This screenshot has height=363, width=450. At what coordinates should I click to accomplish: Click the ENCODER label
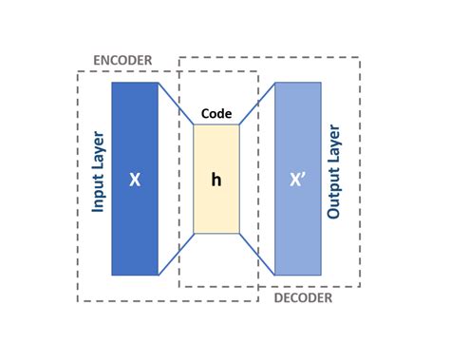[x=123, y=60]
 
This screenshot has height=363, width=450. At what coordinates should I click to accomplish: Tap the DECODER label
[x=303, y=298]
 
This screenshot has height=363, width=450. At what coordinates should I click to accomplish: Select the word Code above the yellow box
[x=216, y=114]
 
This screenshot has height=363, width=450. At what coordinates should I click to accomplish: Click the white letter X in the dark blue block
[x=135, y=179]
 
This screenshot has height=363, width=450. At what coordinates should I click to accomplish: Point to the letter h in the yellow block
[x=216, y=180]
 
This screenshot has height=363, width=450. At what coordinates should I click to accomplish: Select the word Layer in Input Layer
[x=98, y=147]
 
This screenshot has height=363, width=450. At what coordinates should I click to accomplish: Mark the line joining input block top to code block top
[x=176, y=104]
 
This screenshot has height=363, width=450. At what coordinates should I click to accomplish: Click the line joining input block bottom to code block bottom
[x=176, y=254]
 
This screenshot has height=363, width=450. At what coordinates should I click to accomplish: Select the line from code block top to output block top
[x=257, y=104]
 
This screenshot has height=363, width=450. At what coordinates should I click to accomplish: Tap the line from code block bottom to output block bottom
[x=257, y=254]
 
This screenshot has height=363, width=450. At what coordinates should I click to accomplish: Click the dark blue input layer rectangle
[x=135, y=228]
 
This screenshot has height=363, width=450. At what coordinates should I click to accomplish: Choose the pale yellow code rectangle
[x=216, y=209]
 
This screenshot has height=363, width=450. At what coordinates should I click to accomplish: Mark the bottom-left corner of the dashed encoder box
[x=78, y=301]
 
